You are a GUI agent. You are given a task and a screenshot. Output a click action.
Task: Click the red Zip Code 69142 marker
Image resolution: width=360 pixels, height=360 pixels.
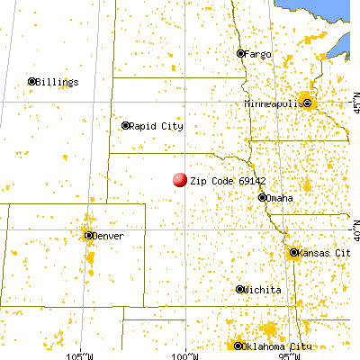[x=179, y=180]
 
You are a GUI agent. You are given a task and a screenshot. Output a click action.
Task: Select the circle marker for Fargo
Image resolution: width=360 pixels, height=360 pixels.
[x=240, y=53]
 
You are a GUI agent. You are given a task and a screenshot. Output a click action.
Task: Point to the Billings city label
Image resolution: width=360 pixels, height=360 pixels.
[x=58, y=81]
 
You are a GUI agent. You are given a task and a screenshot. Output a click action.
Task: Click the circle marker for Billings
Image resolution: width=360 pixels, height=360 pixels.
[x=31, y=81]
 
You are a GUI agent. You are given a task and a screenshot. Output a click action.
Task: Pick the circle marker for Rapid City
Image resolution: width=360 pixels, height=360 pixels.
[x=126, y=126]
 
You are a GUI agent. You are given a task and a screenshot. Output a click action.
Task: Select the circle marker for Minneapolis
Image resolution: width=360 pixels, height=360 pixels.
[x=309, y=103]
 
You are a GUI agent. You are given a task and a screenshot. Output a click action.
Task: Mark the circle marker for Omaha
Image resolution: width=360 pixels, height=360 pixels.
[x=261, y=198]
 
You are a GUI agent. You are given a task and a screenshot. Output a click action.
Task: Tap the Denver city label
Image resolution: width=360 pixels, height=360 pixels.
[x=108, y=236]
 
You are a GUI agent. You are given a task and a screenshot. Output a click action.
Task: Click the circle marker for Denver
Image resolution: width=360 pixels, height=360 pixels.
[x=88, y=236]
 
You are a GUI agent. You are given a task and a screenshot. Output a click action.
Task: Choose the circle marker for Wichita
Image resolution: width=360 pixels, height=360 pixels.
[x=240, y=290]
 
